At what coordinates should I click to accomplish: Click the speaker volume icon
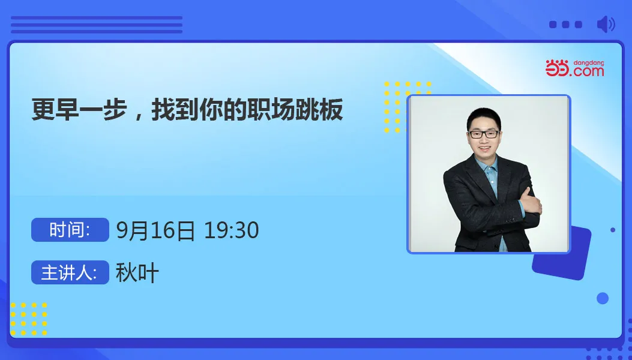(x=606, y=24)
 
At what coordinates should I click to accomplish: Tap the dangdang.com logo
(x=575, y=68)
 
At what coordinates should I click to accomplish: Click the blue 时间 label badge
(x=70, y=230)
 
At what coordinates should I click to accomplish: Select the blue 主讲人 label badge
(x=70, y=272)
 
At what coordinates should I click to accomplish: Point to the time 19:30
(x=231, y=230)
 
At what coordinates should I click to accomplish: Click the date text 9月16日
(x=155, y=230)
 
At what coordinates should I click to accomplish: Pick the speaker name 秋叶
(x=137, y=272)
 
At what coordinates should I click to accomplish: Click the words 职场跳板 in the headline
(x=295, y=109)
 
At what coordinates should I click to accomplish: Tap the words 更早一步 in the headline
(x=79, y=109)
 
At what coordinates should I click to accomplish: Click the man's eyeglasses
(x=484, y=134)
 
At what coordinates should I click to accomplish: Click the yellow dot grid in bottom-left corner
(x=29, y=319)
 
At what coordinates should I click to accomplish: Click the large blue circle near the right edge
(x=603, y=298)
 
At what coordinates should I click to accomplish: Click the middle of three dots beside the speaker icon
(x=566, y=25)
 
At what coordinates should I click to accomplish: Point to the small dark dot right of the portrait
(x=613, y=230)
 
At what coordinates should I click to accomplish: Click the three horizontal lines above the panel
(x=97, y=25)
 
